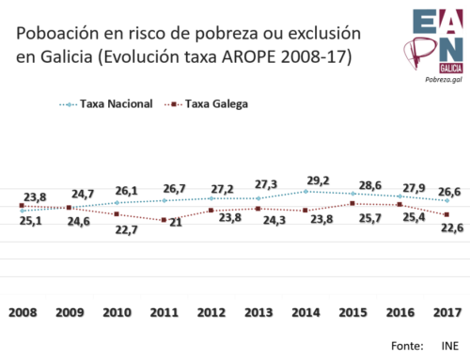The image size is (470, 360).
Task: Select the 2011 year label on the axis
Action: coord(164,311)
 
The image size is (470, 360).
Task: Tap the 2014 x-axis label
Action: coord(306,311)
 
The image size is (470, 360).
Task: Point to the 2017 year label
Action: coord(447,311)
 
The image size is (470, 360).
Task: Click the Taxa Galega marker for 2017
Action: coord(447,214)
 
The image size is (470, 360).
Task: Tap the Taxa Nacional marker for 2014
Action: coord(305,192)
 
